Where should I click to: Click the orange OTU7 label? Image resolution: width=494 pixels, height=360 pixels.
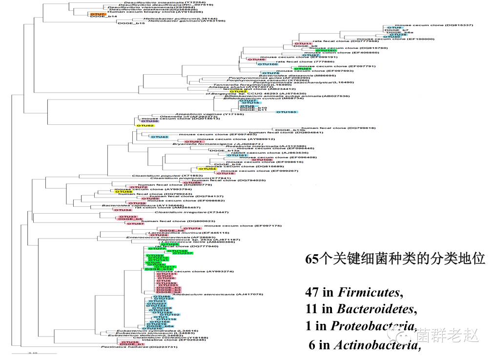coord(97,14)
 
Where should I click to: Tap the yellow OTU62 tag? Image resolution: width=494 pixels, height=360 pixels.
coord(238,91)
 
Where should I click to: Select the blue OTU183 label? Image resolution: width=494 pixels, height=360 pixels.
coord(287,112)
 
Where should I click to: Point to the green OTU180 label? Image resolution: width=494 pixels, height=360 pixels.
coord(326,50)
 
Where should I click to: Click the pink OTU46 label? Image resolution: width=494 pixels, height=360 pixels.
coord(257,60)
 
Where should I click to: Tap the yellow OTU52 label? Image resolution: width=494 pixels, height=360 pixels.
coord(145,126)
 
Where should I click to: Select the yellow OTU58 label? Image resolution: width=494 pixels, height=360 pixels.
coord(124,192)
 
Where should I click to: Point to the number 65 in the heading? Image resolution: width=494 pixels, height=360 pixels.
coord(312,259)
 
